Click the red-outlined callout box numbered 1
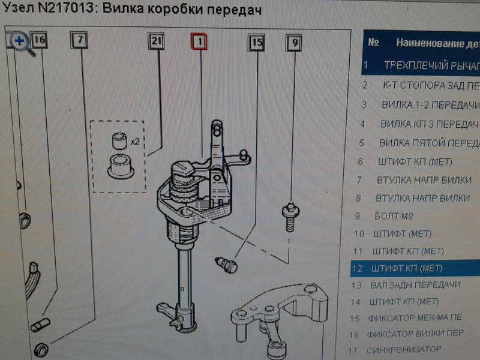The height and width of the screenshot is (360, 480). (x=199, y=42)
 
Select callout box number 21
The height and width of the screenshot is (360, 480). (x=156, y=42)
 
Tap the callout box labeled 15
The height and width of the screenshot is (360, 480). (x=257, y=43)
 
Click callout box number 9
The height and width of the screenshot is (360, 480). (x=294, y=43)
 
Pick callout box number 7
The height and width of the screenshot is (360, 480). (x=80, y=40)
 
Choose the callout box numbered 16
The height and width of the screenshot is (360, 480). (x=40, y=40)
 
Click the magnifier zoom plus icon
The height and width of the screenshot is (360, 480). (x=19, y=41)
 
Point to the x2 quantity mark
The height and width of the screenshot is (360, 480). (x=135, y=143)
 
